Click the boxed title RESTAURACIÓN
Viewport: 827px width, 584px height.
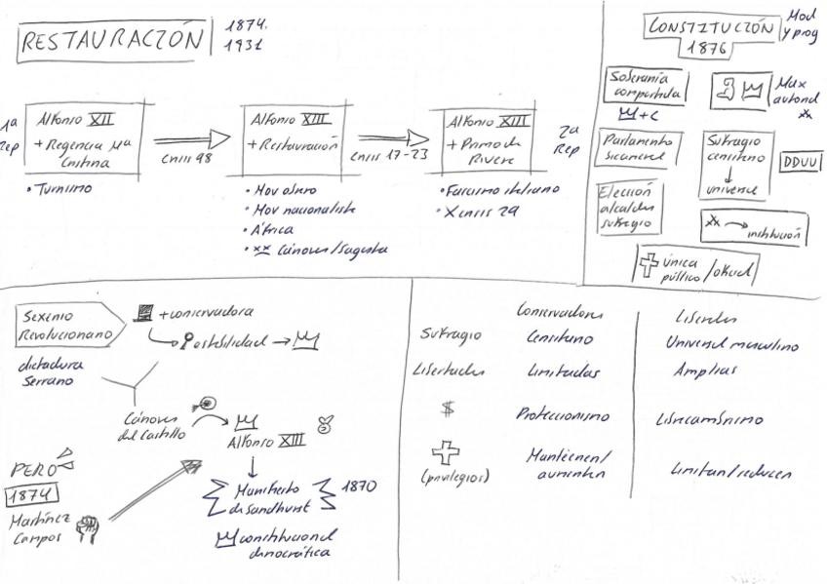115,41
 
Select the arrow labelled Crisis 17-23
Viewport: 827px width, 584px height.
391,139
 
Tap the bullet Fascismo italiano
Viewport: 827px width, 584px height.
491,190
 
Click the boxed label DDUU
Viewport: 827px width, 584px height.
801,162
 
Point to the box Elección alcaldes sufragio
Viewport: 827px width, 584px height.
629,207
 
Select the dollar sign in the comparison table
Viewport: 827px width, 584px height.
448,410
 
